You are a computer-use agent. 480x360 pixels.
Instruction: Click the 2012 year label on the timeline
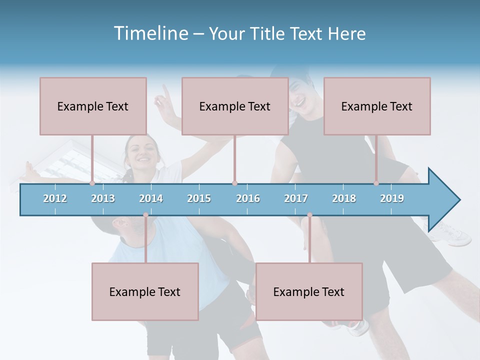[x=55, y=198]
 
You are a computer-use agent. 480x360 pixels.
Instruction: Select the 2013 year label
[x=103, y=198]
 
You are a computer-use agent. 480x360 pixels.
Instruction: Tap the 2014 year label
[x=151, y=198]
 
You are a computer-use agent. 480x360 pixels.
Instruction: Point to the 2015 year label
[x=199, y=198]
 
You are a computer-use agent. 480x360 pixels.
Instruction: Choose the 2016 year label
[x=248, y=198]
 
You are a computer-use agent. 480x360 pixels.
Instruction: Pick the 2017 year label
[x=296, y=198]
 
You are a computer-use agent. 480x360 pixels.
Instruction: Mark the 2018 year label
[x=344, y=198]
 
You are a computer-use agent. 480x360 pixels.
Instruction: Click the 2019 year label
[x=392, y=198]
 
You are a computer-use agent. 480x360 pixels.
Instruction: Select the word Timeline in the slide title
[x=150, y=33]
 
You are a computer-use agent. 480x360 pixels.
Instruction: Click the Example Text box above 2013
[x=93, y=106]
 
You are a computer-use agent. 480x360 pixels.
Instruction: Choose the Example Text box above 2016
[x=235, y=106]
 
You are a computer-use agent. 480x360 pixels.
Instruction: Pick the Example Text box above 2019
[x=377, y=106]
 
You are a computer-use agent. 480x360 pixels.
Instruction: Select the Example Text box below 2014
[x=145, y=291]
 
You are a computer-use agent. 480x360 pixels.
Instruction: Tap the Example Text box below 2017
[x=309, y=291]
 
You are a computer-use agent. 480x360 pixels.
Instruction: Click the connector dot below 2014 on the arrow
[x=146, y=215]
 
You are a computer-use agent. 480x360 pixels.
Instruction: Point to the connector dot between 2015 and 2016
[x=234, y=183]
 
